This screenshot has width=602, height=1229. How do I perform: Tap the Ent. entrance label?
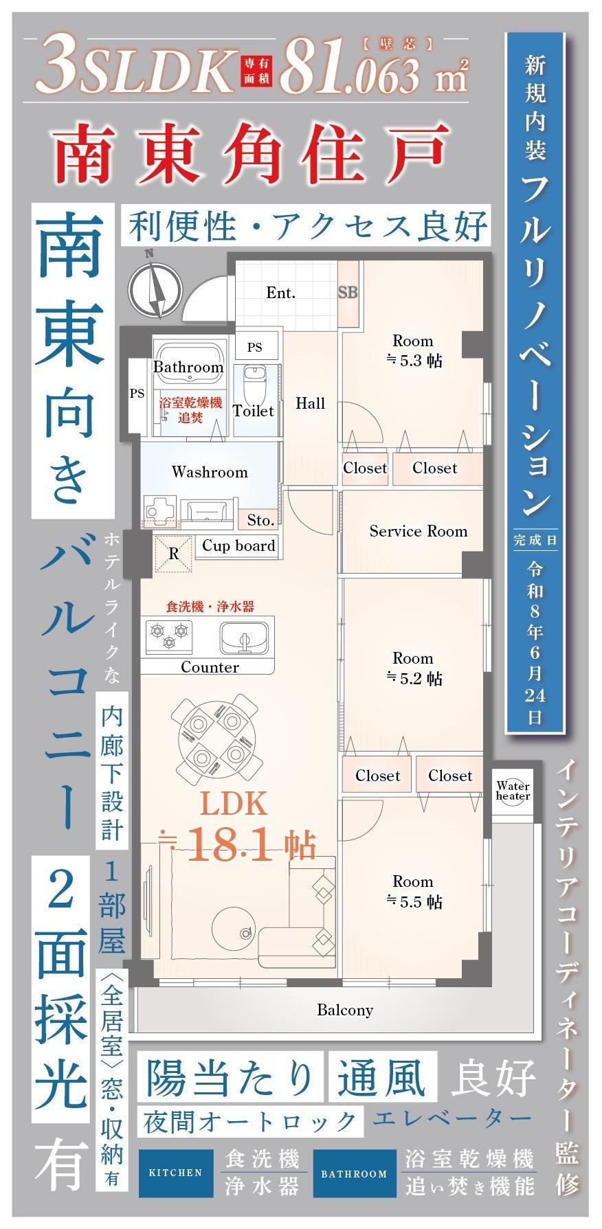tap(280, 293)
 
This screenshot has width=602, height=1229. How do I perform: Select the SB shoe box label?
tap(348, 292)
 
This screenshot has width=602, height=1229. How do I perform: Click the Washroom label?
tap(210, 472)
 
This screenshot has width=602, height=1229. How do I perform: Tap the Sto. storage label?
tap(260, 521)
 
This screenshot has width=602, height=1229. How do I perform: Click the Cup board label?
tap(238, 545)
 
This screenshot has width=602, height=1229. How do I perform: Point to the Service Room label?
tap(418, 531)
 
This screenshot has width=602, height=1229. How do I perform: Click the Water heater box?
tap(513, 791)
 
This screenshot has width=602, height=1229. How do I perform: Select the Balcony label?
tap(345, 1010)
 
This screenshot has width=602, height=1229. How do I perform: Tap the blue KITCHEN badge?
tap(175, 1173)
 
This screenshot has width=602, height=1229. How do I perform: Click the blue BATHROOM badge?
tap(355, 1173)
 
